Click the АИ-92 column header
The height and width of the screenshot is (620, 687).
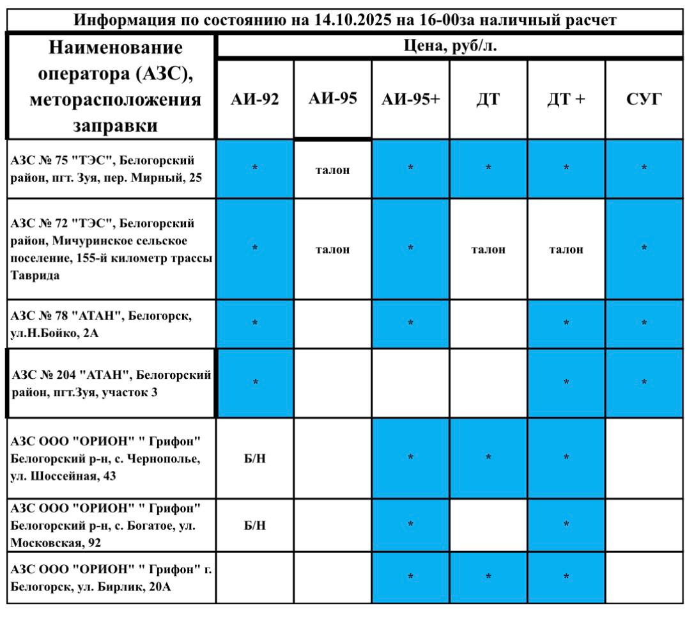click(x=255, y=99)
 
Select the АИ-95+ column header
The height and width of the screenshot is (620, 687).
click(x=410, y=99)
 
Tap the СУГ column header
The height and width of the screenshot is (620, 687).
click(x=644, y=99)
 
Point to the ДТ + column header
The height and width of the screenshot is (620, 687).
click(x=566, y=99)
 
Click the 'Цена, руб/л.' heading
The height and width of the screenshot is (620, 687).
click(x=451, y=47)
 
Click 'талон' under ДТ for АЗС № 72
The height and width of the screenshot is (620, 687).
click(x=488, y=250)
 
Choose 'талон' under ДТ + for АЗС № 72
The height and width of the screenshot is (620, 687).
click(x=566, y=250)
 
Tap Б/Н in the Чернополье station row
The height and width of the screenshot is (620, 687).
click(x=255, y=459)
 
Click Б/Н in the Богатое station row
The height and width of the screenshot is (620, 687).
click(x=255, y=525)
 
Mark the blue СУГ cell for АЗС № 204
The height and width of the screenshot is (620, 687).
click(x=644, y=383)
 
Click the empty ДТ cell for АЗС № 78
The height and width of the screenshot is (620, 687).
click(x=488, y=323)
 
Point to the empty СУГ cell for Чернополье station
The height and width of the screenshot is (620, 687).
click(x=644, y=458)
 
